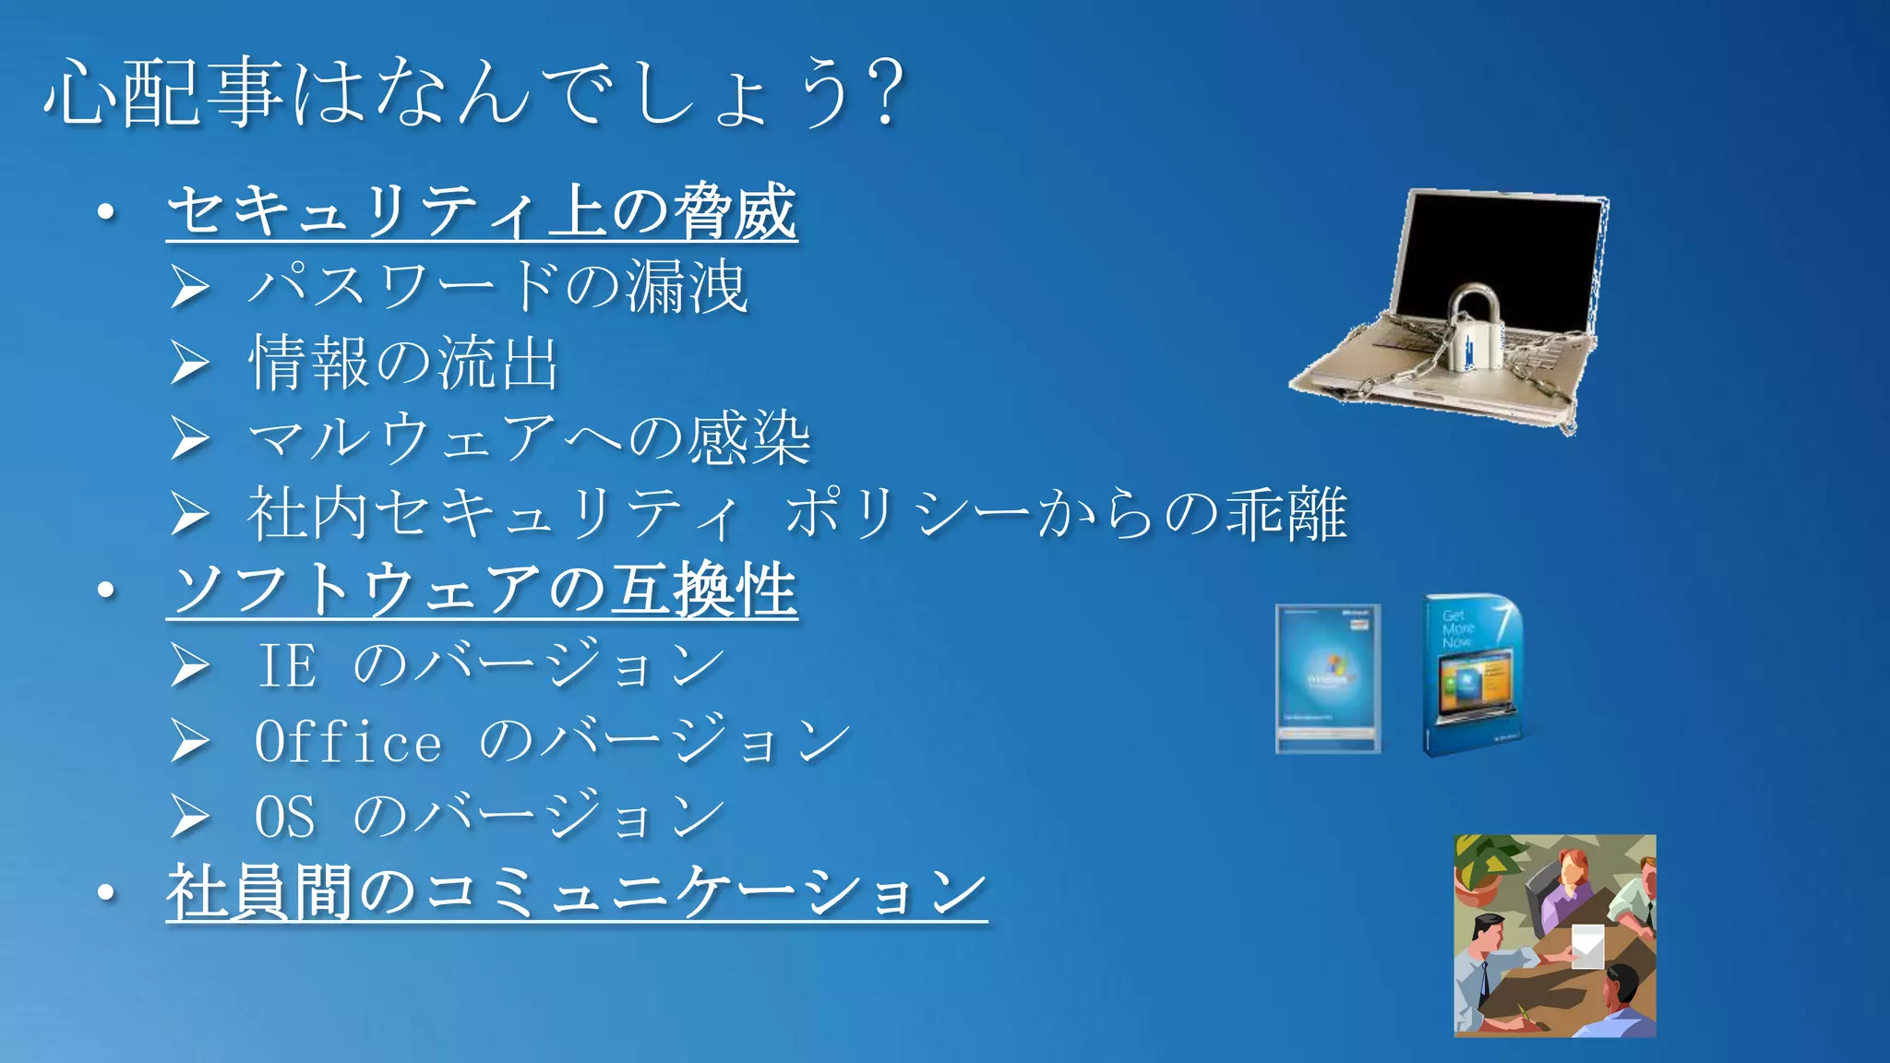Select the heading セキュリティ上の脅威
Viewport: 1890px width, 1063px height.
482,211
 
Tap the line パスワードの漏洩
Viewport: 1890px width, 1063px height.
498,286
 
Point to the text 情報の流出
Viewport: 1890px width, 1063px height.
404,363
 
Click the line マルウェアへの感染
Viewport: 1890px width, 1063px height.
530,438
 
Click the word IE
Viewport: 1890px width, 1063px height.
287,665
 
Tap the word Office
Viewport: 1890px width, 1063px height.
348,742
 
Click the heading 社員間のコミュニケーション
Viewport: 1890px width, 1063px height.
576,892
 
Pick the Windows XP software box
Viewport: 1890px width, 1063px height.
1328,678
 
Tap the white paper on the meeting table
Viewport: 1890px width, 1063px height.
1587,946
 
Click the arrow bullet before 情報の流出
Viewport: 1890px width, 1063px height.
190,363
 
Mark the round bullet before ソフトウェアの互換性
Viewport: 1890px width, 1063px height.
107,590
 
